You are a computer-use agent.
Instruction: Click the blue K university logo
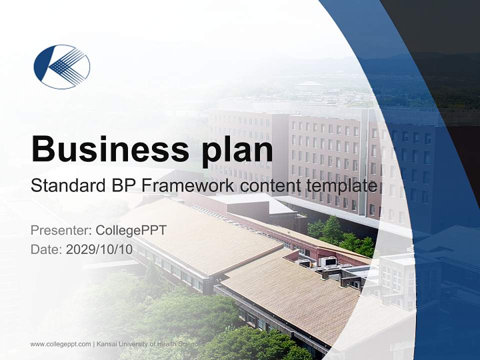[61, 66]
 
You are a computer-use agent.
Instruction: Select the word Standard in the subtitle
[66, 186]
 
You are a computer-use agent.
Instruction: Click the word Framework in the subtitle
[187, 186]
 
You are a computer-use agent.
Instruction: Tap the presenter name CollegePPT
[131, 230]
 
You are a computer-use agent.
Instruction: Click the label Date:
[46, 249]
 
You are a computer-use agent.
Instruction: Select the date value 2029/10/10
[99, 249]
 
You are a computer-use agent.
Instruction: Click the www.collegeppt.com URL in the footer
[60, 344]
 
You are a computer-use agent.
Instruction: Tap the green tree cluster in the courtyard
[340, 235]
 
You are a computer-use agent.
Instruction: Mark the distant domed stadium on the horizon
[310, 84]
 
